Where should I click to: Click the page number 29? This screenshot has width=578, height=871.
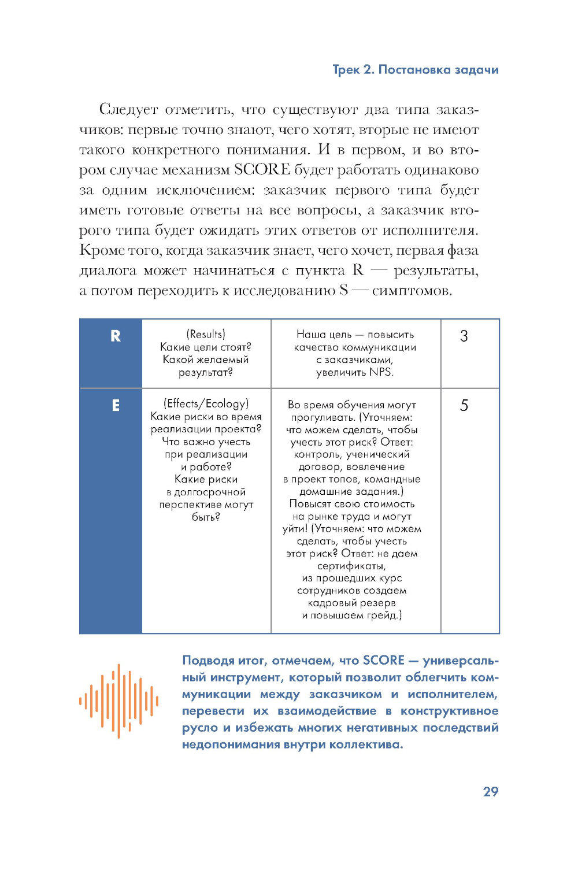point(490,792)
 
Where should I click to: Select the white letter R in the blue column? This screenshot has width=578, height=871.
point(116,336)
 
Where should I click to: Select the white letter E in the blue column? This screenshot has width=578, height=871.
point(116,406)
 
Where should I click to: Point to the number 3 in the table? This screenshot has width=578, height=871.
point(464,336)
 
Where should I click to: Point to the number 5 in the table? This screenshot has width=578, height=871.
point(464,406)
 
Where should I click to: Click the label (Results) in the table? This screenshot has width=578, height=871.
point(206,334)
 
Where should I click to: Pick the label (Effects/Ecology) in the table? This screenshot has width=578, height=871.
point(206,403)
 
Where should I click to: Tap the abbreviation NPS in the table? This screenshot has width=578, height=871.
point(380,372)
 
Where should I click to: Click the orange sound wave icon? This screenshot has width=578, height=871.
point(118,701)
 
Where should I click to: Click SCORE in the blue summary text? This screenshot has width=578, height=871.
point(383,661)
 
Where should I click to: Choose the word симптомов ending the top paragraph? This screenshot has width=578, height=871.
point(411,290)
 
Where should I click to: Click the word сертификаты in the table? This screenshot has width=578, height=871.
point(351,566)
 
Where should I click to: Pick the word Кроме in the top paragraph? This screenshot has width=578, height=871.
point(102,250)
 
